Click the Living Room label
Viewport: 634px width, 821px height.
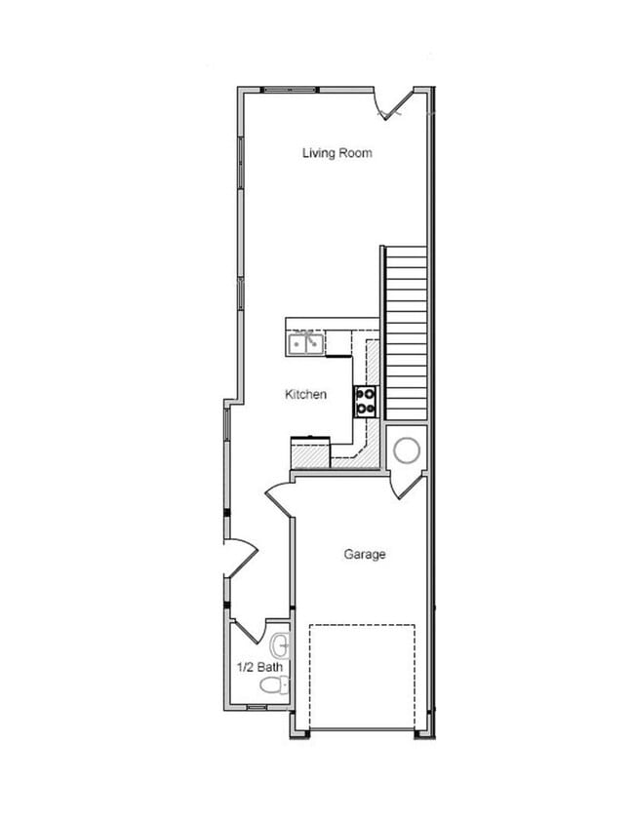click(337, 153)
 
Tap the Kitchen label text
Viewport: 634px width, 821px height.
click(305, 394)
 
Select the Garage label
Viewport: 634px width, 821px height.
click(365, 554)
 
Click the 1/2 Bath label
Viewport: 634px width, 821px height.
click(259, 667)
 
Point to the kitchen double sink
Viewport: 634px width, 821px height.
click(306, 343)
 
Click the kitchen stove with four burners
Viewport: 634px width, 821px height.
click(365, 401)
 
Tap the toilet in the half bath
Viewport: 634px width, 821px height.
click(274, 684)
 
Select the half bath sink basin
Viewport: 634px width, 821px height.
click(280, 645)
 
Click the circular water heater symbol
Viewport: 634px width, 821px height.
click(407, 450)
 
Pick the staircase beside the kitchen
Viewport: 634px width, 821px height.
click(406, 332)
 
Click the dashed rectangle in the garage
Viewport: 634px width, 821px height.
click(362, 677)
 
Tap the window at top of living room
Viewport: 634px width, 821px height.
click(291, 90)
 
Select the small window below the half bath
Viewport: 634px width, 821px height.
click(257, 707)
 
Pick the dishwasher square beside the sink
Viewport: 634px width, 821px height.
click(338, 343)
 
